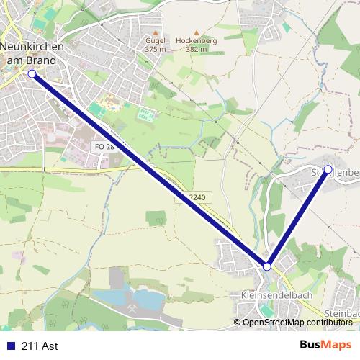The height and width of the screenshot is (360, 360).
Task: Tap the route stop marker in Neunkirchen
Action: pyautogui.click(x=32, y=73)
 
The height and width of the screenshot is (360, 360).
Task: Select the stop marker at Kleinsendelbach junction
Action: pyautogui.click(x=267, y=266)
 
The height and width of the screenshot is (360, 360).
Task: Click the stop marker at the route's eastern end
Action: pyautogui.click(x=328, y=169)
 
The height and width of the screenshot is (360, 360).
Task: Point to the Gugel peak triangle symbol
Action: pyautogui.click(x=155, y=32)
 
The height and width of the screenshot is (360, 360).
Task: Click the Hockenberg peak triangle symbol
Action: pyautogui.click(x=196, y=32)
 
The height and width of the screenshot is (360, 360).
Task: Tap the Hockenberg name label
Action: pyautogui.click(x=196, y=41)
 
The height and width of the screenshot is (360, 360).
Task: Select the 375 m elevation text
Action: pyautogui.click(x=155, y=50)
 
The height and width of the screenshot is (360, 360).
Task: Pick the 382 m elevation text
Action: pyautogui.click(x=196, y=50)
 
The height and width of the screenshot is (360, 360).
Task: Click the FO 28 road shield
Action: pyautogui.click(x=104, y=146)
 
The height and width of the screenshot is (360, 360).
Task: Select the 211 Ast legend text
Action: pyautogui.click(x=40, y=346)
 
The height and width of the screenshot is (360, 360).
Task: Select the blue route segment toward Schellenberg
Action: pyautogui.click(x=298, y=217)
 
